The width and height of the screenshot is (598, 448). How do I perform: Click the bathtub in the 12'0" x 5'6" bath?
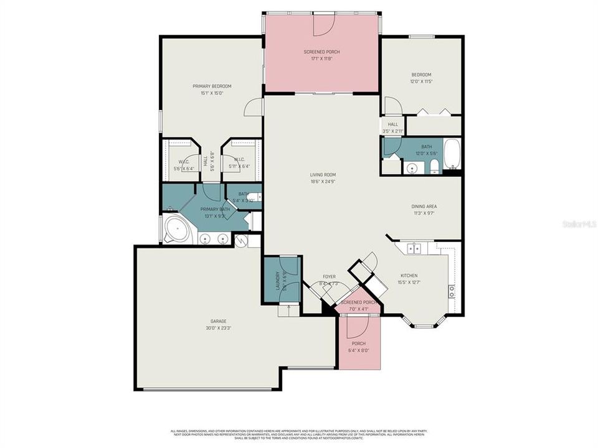coord(452,156)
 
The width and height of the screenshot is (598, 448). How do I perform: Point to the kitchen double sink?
coord(414,249)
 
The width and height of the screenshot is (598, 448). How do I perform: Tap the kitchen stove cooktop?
coord(452,291)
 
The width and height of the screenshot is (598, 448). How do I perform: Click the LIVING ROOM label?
coord(323,175)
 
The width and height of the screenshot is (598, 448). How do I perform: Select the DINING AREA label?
coord(424,206)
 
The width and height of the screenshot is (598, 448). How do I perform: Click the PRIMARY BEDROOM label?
coord(212,86)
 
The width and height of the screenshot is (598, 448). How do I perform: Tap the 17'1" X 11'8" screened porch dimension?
coord(322,59)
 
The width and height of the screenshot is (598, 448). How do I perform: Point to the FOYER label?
coord(329,276)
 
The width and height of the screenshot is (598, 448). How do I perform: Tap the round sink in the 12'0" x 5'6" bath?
coord(412,168)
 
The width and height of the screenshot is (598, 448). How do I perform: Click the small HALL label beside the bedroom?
coord(393,124)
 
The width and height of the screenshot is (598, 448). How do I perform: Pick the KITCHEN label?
coord(409,276)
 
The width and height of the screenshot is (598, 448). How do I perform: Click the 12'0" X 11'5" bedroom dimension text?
coord(421,82)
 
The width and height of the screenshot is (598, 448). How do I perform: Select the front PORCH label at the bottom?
coord(358,343)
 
